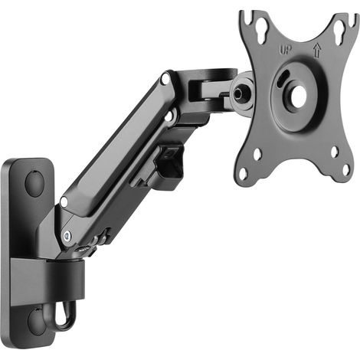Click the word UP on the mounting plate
pyautogui.click(x=285, y=50)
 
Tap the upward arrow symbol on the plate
pyautogui.click(x=317, y=50)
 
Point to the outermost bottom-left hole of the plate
pyautogui.click(x=244, y=174)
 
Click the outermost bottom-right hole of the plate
pyautogui.click(x=346, y=170)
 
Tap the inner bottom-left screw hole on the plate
pyautogui.click(x=257, y=154)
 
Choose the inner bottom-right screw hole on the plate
pyautogui.click(x=335, y=152)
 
